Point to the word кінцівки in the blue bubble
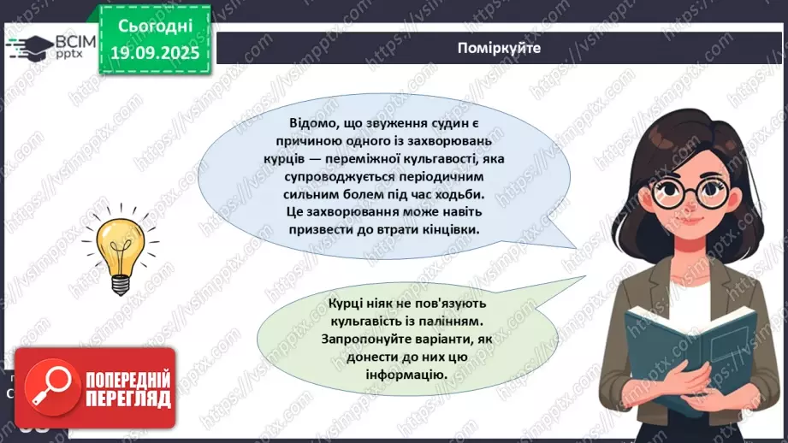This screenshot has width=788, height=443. pyautogui.click(x=445, y=231)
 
